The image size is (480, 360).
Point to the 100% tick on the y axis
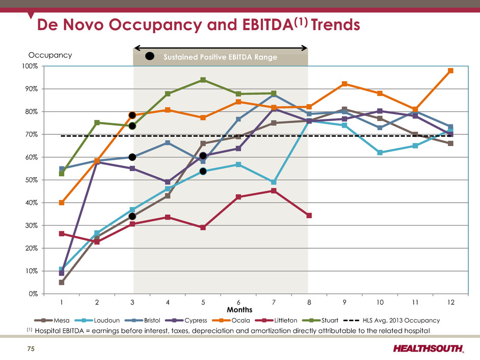(x=30, y=66)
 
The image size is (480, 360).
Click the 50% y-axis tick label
(x=31, y=180)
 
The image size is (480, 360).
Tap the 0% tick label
(x=33, y=294)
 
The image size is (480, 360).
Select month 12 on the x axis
(x=450, y=302)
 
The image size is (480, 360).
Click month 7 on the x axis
(x=274, y=302)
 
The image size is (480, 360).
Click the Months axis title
(x=240, y=309)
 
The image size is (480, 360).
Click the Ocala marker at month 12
(x=450, y=71)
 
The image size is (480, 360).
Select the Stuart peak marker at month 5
(x=203, y=80)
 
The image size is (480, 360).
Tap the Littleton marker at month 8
(x=309, y=215)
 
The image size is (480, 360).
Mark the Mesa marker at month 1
(x=61, y=282)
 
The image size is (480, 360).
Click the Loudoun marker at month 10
(x=380, y=153)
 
